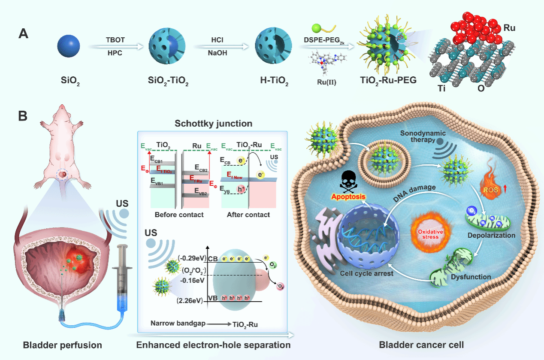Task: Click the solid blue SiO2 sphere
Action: coord(69,46)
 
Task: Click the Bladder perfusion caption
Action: coord(62,345)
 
